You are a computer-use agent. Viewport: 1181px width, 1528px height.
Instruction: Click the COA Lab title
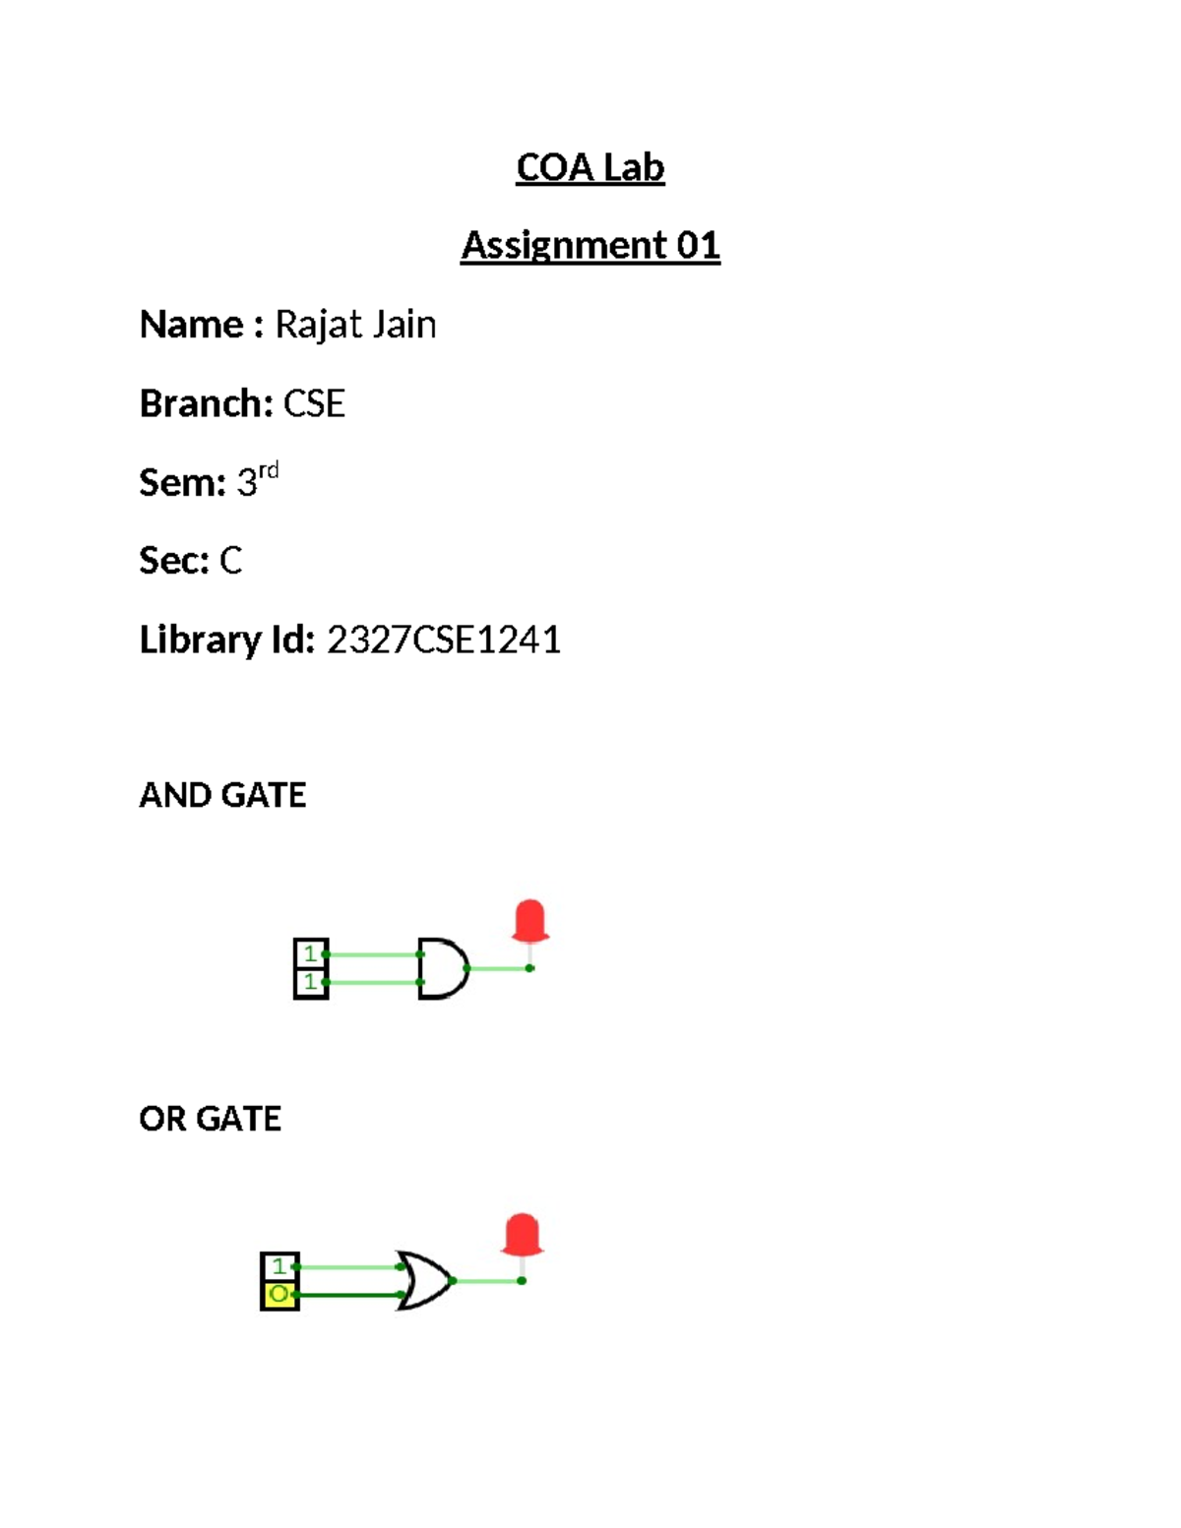[590, 167]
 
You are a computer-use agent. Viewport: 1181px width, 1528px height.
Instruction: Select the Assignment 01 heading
[590, 245]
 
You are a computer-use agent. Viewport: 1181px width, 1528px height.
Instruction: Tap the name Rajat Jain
[355, 325]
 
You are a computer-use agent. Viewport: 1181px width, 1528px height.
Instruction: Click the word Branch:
[206, 403]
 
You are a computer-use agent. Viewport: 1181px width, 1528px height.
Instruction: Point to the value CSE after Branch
[314, 403]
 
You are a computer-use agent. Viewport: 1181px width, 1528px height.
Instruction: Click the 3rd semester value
[257, 480]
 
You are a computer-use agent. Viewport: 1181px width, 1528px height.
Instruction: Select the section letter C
[230, 561]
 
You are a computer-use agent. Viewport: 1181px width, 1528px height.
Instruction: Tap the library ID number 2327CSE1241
[444, 640]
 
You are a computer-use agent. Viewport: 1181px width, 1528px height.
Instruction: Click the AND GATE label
[222, 795]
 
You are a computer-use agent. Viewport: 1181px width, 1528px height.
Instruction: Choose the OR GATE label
[210, 1119]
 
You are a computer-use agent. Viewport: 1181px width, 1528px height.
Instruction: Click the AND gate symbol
[443, 969]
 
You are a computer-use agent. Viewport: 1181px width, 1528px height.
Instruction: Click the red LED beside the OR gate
[522, 1236]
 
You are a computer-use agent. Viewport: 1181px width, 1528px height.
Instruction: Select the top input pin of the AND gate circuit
[311, 953]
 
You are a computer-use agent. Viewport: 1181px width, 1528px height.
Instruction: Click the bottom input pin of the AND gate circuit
[311, 982]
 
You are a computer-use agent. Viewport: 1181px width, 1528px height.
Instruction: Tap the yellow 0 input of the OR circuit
[280, 1295]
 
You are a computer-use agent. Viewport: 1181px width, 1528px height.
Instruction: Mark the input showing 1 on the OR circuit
[280, 1266]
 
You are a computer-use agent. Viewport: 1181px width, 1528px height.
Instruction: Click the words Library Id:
[226, 640]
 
